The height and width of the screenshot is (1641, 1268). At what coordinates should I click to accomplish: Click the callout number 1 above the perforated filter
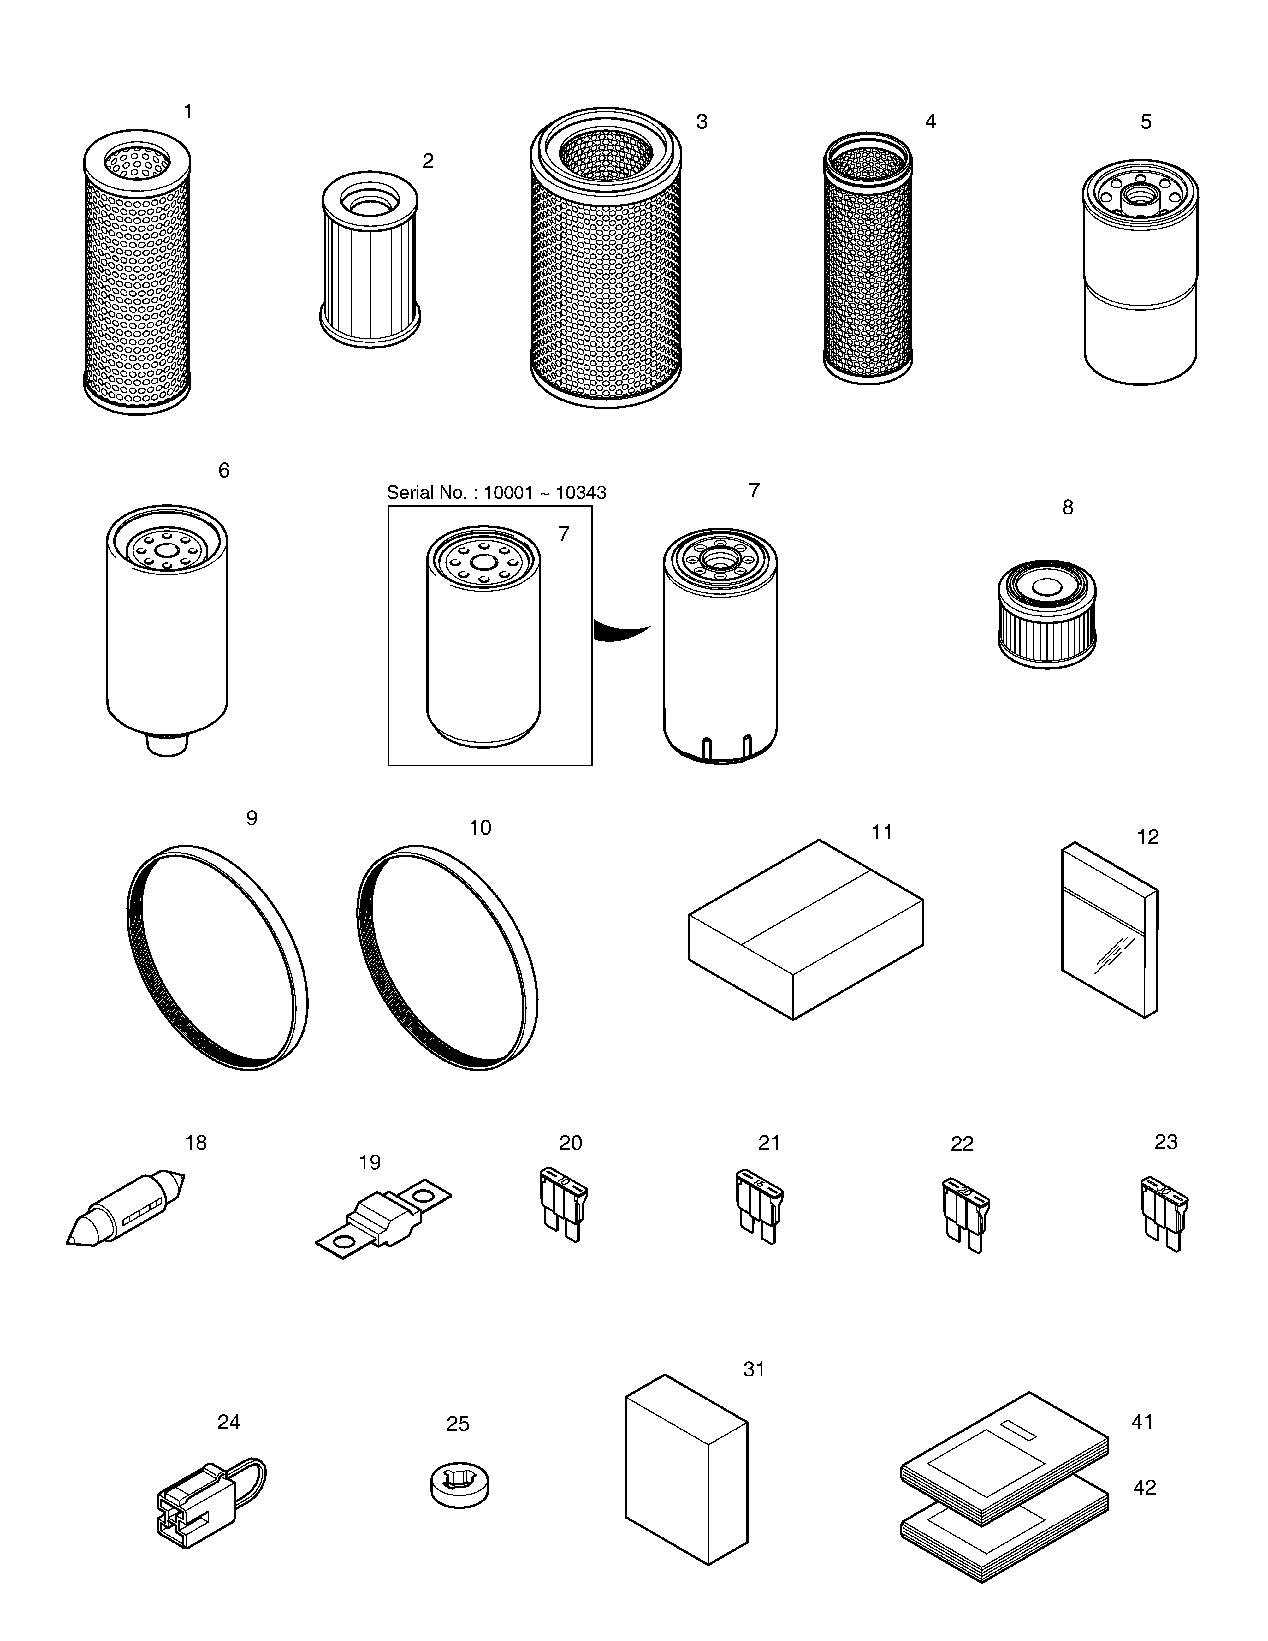pyautogui.click(x=188, y=112)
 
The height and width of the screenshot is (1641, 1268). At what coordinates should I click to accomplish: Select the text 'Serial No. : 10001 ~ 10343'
pyautogui.click(x=496, y=493)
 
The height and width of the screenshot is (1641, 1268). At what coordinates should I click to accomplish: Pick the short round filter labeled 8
pyautogui.click(x=1046, y=614)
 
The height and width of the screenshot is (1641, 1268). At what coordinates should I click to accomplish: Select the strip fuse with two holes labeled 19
pyautogui.click(x=383, y=1222)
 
